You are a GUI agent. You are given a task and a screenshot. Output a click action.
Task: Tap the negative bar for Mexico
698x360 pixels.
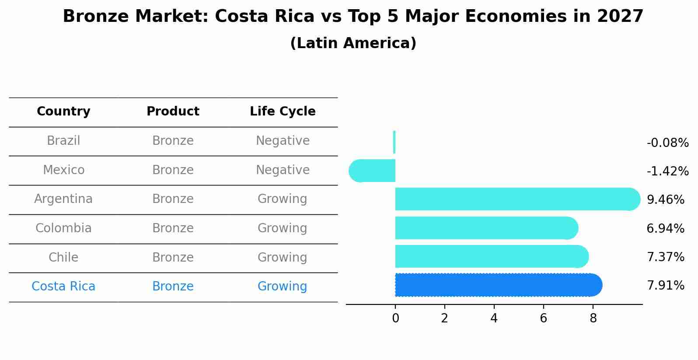pos(372,171)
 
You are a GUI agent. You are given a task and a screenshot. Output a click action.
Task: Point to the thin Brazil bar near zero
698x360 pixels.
pos(394,142)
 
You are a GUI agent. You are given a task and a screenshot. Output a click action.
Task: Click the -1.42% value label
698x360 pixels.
pos(667,171)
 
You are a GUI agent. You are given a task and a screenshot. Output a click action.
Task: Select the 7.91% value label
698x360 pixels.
pos(665,286)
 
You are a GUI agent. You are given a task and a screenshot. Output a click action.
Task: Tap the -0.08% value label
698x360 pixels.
pos(667,143)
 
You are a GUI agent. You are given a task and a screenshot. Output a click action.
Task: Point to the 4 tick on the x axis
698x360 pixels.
pos(494,318)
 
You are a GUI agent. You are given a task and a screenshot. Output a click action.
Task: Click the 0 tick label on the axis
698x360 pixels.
pos(395,318)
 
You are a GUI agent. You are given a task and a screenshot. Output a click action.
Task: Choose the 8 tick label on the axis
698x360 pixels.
pos(593,318)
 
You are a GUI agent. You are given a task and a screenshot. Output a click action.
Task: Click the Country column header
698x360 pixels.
pos(63,112)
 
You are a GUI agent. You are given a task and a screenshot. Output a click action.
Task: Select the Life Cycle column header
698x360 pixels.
pos(283,112)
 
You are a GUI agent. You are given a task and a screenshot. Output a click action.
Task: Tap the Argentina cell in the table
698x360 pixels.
pos(63,199)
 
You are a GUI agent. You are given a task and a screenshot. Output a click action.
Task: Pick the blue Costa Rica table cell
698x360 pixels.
pos(63,287)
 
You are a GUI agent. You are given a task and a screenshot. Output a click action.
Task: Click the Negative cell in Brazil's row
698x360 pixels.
pos(283,141)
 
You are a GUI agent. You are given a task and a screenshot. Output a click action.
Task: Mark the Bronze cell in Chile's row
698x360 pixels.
pos(173,257)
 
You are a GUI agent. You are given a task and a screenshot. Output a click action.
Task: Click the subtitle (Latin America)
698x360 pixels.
pos(353,43)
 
